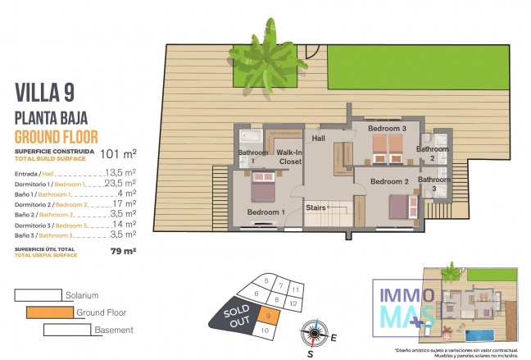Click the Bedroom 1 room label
265,212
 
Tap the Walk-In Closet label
289,157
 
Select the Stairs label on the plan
316,207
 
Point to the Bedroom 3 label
387,129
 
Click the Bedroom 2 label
389,181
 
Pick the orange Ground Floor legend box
48,312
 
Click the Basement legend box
67,330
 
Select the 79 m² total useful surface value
123,251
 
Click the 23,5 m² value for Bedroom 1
120,185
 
